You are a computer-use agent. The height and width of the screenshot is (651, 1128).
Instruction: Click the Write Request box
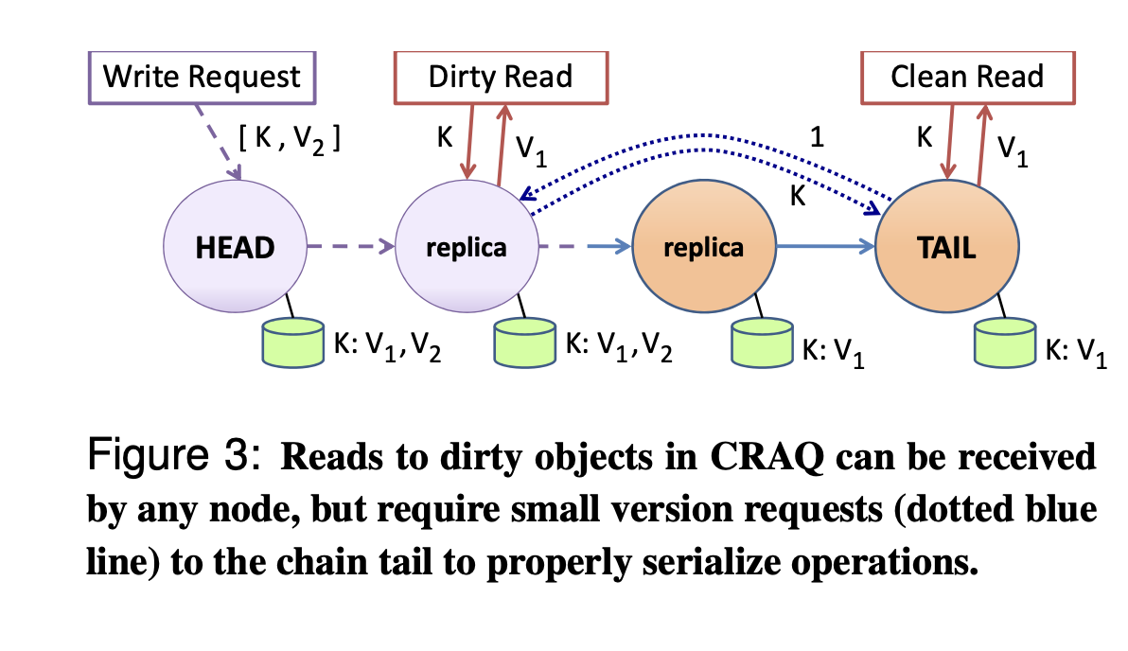click(x=202, y=76)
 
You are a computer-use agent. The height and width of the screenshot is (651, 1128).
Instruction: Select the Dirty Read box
click(x=501, y=76)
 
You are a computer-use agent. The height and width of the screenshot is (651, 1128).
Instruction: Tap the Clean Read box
click(x=966, y=76)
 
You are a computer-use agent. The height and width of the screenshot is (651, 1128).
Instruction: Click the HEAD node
click(x=235, y=248)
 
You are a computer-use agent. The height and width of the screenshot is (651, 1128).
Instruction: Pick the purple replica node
click(x=466, y=248)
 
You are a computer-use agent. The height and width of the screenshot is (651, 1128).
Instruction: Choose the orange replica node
click(x=703, y=248)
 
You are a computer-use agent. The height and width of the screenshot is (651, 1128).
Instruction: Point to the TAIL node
click(x=948, y=249)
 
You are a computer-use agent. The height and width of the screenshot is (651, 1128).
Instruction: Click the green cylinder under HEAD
click(x=293, y=343)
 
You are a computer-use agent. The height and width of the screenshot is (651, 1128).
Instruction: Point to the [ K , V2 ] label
click(x=290, y=139)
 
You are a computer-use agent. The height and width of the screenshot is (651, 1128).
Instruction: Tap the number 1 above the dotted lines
click(x=818, y=136)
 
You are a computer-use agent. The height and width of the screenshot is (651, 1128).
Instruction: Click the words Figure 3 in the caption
click(x=171, y=456)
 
